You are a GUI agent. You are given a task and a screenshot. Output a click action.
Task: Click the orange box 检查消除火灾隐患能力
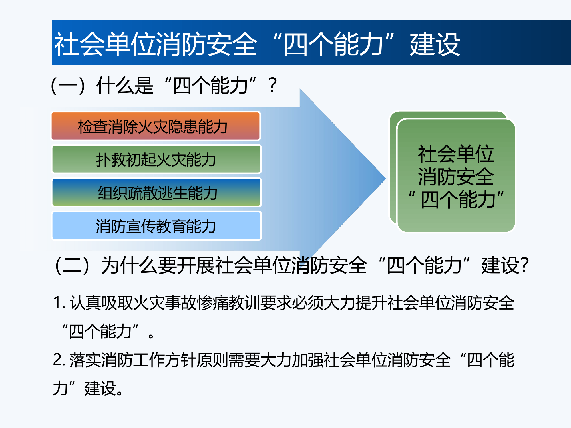pos(156,126)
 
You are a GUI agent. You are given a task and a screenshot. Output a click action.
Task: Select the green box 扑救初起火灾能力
pos(156,159)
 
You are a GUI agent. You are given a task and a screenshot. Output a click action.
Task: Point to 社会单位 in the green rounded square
pos(456,154)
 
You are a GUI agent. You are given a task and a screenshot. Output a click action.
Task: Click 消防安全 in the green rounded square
pos(456,177)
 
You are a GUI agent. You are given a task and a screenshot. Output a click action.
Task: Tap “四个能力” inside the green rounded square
pos(456,199)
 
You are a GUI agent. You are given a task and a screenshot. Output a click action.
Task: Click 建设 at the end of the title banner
pos(435,44)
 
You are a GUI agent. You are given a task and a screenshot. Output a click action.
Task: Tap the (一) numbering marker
pos(68,86)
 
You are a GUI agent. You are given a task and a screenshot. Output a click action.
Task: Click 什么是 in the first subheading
pos(125,86)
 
